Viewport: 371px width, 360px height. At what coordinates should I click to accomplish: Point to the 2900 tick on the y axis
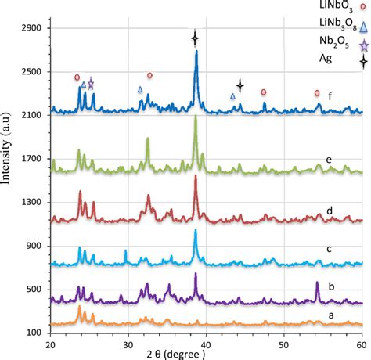tap(32, 27)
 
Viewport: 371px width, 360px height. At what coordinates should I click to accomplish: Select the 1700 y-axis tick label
tap(32, 158)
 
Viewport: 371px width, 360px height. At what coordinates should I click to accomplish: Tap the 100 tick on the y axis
tap(34, 333)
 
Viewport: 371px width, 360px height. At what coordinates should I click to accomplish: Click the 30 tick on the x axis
tap(128, 344)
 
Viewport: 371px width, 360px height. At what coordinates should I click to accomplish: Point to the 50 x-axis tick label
tap(283, 344)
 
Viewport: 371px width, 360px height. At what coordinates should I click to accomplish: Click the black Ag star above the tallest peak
tap(196, 37)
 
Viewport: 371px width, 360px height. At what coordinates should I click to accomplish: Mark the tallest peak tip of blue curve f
tap(196, 52)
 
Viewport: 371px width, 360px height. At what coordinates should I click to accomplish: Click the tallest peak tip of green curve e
tap(195, 126)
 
